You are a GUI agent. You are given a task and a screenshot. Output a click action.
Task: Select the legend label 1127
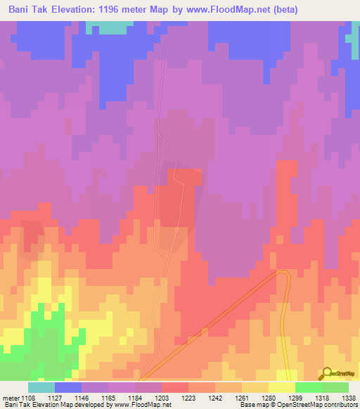tap(55, 397)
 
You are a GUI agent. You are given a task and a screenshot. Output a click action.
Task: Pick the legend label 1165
tap(108, 397)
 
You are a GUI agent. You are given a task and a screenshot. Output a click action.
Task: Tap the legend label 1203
tap(162, 397)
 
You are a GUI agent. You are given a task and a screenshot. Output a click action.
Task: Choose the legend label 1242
tap(215, 397)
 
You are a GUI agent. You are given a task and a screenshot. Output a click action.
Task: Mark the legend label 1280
tap(269, 397)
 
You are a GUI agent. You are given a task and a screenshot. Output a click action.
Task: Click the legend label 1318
tap(322, 397)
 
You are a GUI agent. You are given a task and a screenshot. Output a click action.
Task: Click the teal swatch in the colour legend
tap(41, 387)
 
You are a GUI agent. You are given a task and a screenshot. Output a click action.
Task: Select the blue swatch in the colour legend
tap(68, 387)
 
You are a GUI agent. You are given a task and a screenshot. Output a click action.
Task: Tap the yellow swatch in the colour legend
tap(282, 387)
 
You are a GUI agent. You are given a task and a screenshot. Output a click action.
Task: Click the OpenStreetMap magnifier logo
tap(326, 374)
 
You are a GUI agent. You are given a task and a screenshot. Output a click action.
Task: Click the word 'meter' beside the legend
tap(10, 397)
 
